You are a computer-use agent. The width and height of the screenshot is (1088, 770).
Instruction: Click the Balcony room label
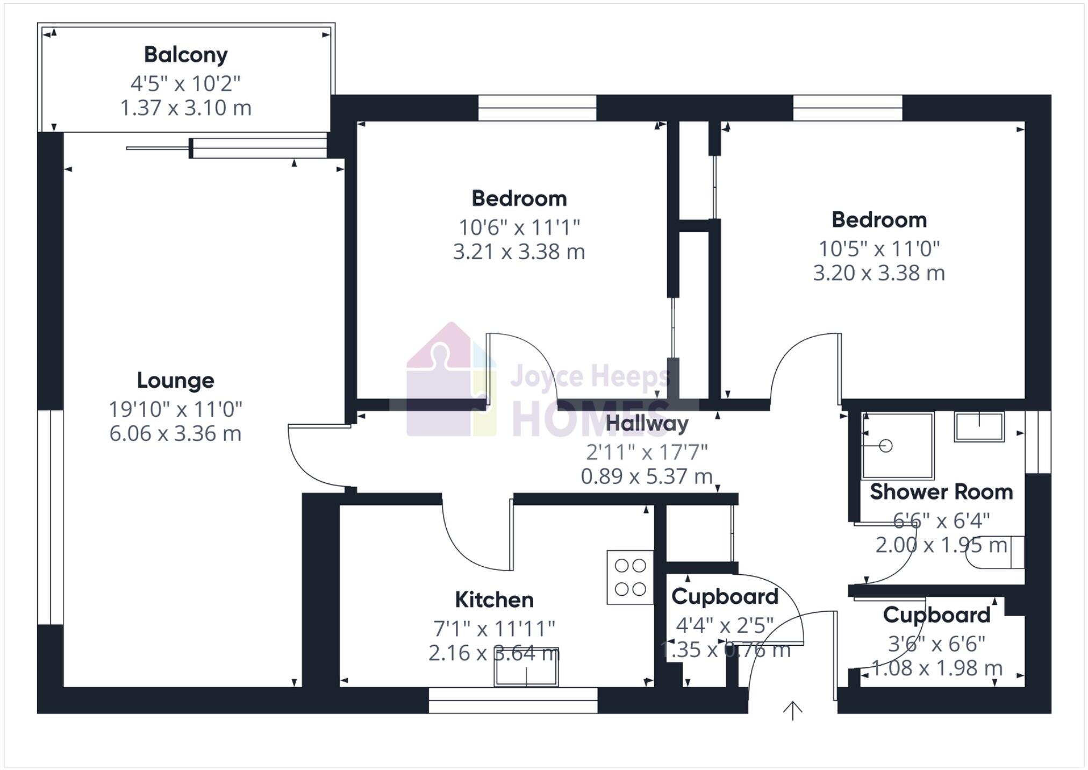pos(185,55)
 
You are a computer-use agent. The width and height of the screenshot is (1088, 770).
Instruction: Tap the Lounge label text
pos(175,381)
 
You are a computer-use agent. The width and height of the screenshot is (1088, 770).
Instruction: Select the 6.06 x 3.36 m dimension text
pos(175,433)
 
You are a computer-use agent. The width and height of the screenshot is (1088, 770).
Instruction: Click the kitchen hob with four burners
pos(630,577)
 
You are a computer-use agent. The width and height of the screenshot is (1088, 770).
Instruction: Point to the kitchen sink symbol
pos(526,667)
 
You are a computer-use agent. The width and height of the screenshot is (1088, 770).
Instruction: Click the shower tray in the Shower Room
pos(897,446)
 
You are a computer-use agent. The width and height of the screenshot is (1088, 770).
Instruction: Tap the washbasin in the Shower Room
pos(979,427)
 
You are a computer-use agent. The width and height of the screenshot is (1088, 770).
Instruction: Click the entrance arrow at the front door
pos(792,710)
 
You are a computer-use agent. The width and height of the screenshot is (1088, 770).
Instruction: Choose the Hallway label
pos(647,424)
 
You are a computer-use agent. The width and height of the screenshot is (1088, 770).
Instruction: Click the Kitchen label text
pos(494,600)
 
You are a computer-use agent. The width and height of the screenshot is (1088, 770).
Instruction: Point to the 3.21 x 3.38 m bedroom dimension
pos(519,252)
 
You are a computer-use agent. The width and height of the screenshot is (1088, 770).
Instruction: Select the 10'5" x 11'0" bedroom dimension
pos(879,249)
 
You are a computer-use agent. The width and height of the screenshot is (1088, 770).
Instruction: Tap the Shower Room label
pos(941,492)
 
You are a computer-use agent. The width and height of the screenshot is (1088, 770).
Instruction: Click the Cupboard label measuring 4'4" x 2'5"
pos(724,597)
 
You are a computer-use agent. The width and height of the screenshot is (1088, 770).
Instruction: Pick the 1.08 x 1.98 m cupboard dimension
pos(936,668)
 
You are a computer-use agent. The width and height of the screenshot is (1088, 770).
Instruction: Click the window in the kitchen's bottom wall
pos(513,701)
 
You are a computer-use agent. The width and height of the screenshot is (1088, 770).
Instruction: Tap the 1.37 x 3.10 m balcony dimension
pos(185,108)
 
